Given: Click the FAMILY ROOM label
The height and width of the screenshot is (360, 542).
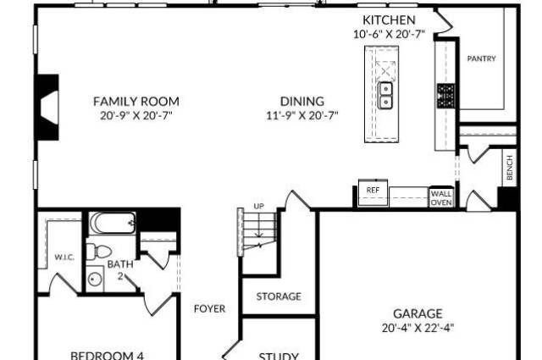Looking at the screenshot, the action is coord(136,102).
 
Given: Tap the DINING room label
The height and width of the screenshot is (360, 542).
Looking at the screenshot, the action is coord(302,102).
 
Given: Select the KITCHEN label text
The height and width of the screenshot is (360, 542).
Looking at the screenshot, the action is coord(389,20).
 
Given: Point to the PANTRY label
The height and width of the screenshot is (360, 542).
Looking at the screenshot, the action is coord(482,58).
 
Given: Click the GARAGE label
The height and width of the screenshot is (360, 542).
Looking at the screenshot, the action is coord(418,313).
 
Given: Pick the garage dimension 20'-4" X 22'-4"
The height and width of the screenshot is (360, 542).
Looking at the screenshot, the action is coord(418,328).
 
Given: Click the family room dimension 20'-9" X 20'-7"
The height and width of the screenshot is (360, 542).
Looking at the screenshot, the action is coord(136,115).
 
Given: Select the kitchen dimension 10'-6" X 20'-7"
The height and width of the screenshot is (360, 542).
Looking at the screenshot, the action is coord(389,34).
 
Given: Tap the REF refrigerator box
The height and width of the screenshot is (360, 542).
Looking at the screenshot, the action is coord(373,192).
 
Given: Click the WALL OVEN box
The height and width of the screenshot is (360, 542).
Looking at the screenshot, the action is coord(441,197).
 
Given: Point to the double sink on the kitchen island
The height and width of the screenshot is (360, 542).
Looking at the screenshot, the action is coord(385,95).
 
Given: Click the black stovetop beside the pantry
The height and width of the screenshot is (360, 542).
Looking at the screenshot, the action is coord(446,96).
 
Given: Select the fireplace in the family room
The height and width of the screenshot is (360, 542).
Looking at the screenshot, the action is coord(47,108).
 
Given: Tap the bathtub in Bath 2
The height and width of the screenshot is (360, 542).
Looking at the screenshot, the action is coord(113,223).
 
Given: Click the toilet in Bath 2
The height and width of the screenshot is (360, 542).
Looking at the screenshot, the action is coord(98,252).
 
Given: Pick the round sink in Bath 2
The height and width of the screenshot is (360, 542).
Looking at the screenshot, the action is coord(94,279).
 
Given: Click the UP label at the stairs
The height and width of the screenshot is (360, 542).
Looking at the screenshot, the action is coord(259,207).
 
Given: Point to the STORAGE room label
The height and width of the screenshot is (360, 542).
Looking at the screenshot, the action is coord(279,296).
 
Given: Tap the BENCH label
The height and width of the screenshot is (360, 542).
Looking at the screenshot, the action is coord(510,168).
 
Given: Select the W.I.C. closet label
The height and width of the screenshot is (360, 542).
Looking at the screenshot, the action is coord(64,258).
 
